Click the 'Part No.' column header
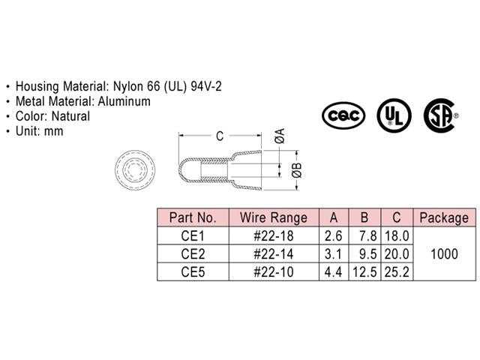[193, 218]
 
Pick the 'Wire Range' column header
[273, 218]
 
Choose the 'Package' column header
[443, 218]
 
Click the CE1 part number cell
[193, 235]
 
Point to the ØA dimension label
[279, 136]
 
